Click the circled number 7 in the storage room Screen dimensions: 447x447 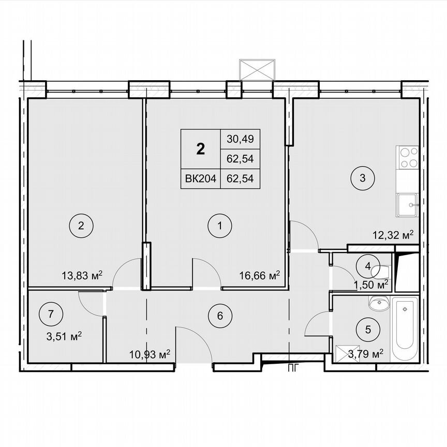click(50, 314)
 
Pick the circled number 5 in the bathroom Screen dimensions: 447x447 click(368, 329)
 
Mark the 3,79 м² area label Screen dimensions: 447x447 click(366, 354)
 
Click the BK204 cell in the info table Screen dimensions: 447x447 click(200, 178)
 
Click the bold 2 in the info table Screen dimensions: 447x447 click(200, 150)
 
